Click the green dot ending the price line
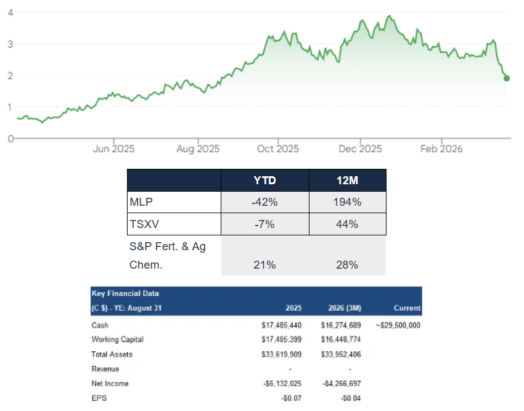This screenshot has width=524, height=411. pos(507,78)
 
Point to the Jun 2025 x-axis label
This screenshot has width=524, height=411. pos(113,149)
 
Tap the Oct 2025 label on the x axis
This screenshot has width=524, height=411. pos(278,149)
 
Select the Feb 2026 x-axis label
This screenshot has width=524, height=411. pos(441,149)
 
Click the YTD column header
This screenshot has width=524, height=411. pos(265,181)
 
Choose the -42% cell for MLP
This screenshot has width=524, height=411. pos(264,202)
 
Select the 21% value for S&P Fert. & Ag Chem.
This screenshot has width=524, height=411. pos(264,264)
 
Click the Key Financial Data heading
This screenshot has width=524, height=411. pos(125,293)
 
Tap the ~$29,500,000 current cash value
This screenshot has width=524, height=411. pos(398,325)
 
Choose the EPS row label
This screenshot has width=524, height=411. pos(99,398)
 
